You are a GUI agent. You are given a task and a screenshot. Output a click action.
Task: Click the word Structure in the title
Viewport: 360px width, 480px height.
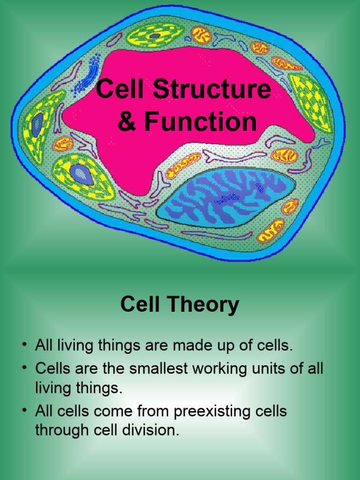pos(211,89)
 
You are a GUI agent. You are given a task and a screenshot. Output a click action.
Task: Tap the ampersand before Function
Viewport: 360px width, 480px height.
pos(127,121)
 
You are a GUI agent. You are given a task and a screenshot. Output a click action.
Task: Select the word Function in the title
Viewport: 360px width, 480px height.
pos(200,121)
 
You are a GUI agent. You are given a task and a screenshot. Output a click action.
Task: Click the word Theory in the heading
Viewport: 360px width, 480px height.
pos(203,305)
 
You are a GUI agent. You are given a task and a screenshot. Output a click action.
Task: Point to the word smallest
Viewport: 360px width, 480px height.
pos(158,368)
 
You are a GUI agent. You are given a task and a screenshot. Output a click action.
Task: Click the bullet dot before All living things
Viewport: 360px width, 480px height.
pos(24,345)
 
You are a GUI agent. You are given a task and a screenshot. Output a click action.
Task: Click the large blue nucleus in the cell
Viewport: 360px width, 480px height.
pos(226,197)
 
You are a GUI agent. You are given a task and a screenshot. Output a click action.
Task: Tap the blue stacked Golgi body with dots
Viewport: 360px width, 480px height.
pos(87,74)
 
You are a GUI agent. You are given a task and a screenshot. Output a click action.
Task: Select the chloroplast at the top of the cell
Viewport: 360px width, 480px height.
pos(155,36)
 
